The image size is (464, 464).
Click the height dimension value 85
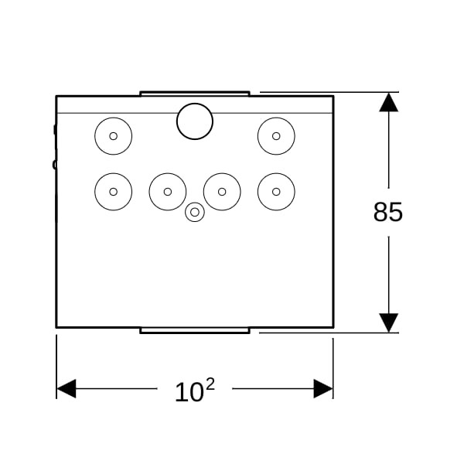(x=388, y=212)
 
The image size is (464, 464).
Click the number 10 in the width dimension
(x=189, y=392)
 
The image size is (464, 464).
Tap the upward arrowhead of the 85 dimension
(x=388, y=102)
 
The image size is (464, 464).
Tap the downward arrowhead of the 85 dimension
(x=388, y=322)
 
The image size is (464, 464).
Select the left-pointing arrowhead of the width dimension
(x=67, y=388)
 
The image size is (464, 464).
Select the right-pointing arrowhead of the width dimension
(x=323, y=388)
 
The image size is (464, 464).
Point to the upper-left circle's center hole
(x=114, y=136)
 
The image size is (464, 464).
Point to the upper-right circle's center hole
(x=276, y=136)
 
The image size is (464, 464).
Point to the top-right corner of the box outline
(x=333, y=96)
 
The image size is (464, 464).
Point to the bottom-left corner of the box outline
(x=56, y=327)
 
